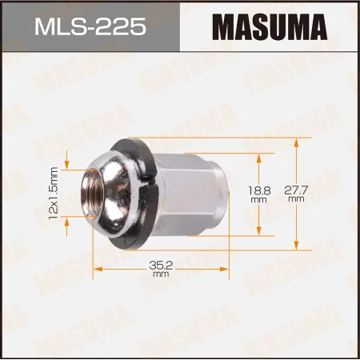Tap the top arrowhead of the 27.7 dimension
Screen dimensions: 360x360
[x=296, y=141]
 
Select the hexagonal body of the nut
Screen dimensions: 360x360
[x=192, y=195]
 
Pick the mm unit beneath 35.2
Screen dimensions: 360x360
[x=161, y=274]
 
